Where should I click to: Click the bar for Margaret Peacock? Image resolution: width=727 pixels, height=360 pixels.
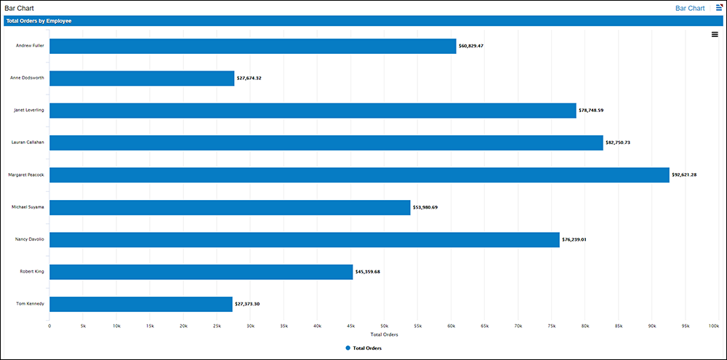[x=359, y=175]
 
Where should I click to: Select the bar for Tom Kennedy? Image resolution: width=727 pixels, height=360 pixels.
[x=141, y=304]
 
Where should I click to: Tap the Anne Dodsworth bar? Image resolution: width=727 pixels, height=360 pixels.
[x=142, y=78]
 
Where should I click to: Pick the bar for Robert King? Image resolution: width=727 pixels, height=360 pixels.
[x=201, y=272]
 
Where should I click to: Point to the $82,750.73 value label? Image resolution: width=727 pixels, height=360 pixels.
[x=618, y=143]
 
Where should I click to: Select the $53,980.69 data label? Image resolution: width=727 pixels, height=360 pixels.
[x=425, y=207]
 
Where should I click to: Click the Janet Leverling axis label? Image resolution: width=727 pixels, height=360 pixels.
[x=29, y=110]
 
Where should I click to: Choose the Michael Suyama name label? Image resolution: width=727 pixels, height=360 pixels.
[x=28, y=207]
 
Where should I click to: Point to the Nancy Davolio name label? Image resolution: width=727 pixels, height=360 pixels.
[x=30, y=239]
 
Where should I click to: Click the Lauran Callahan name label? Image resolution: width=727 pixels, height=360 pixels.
[x=28, y=143]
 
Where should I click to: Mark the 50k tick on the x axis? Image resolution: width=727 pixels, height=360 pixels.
[x=384, y=326]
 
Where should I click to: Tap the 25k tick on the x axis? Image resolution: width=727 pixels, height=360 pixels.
[x=217, y=326]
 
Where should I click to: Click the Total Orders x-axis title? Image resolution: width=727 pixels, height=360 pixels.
[x=384, y=335]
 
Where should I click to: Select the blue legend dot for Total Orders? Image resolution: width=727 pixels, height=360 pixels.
[x=348, y=348]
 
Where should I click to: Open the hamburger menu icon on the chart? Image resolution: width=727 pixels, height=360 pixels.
[x=715, y=34]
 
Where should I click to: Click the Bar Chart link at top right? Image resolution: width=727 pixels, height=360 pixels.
[x=690, y=8]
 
